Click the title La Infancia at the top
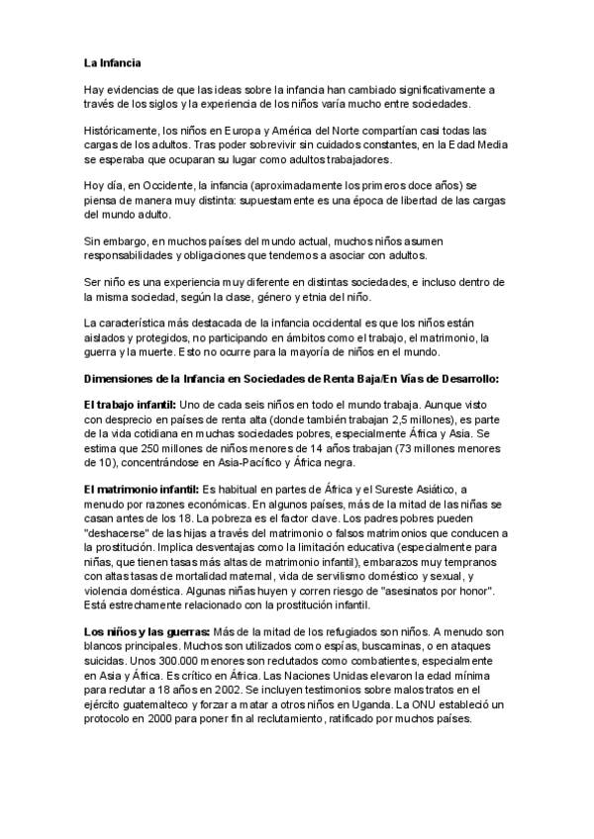(113, 63)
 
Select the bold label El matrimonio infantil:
(141, 490)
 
